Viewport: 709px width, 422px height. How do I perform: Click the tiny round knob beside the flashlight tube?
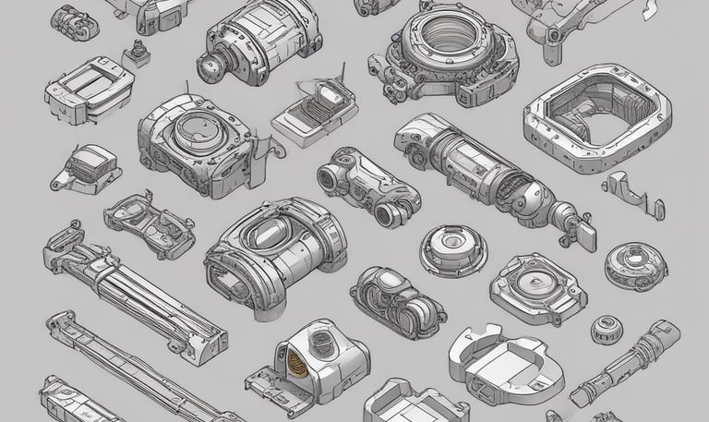[605, 326]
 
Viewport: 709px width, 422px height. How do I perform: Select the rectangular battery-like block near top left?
[89, 88]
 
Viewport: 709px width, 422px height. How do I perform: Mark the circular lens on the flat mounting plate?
[535, 282]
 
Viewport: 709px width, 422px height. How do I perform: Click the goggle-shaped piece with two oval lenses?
[149, 219]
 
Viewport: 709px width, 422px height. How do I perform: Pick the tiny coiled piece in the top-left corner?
[74, 20]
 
